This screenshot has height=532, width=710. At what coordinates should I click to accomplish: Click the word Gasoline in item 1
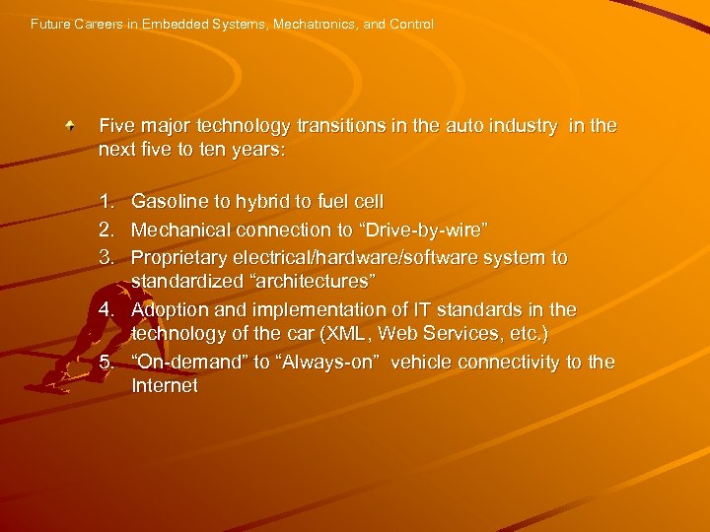coord(168,202)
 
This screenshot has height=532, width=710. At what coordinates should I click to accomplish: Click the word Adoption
coord(168,309)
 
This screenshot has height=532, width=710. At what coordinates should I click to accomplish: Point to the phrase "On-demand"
coord(189,362)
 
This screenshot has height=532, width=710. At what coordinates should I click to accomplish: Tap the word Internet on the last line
coord(165,386)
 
